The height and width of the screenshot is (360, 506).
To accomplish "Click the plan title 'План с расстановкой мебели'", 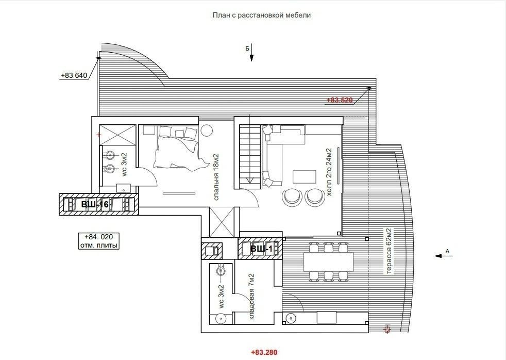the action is coord(261,15).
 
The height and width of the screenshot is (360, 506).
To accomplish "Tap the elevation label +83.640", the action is coord(74,75).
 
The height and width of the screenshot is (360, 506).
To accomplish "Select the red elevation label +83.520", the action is coord(340,100).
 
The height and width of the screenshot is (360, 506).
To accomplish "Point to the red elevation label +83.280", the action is coord(264,352).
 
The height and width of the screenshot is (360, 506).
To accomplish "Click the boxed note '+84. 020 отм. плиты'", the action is coord(99,241).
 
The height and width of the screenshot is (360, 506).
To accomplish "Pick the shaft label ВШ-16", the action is coord(95,204).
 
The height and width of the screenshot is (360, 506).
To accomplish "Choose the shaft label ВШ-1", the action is coord(261,249).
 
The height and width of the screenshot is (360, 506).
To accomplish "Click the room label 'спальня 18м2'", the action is coord(216,177).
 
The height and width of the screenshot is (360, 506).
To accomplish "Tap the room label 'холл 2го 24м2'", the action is coord(329,172).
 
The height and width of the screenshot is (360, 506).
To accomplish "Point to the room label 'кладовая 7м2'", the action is coord(251,297).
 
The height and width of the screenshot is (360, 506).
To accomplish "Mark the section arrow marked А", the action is coord(444,256).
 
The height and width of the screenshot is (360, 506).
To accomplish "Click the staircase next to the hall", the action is coord(250,157).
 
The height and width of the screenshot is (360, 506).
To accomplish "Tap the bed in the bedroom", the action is coord(177,147).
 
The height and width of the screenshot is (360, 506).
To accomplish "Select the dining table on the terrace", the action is coord(329,262).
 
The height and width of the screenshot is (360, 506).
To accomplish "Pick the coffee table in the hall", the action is coord(305,176).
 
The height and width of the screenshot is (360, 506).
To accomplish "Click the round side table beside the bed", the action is coord(206,130).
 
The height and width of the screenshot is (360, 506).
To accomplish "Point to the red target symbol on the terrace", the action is coord(387,330).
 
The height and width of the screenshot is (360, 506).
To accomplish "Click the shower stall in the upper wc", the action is coord(117,135).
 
